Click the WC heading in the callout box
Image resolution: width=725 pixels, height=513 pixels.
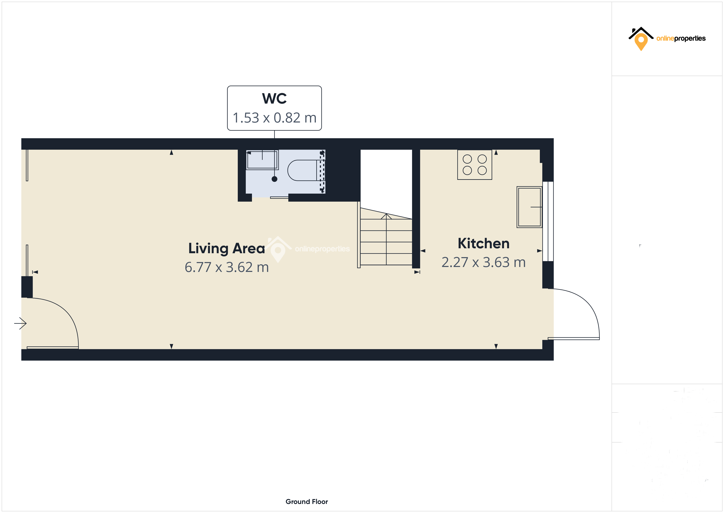274,99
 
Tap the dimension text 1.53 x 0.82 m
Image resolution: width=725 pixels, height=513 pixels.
274,118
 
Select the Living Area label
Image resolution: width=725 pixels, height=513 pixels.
226,248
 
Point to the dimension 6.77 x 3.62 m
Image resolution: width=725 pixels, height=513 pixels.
226,267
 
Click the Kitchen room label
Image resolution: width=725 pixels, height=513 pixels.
484,244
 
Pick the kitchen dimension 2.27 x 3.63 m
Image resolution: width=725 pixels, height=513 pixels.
484,262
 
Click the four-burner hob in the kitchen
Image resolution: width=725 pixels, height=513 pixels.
474,165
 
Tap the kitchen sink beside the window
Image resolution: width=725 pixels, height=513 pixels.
529,207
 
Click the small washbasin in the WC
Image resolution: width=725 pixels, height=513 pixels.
262,160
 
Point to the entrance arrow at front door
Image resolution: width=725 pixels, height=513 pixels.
21,323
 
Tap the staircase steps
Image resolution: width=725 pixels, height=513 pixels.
386,242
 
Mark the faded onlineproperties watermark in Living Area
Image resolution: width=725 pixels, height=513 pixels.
308,249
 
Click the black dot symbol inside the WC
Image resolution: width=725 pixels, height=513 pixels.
274,179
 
